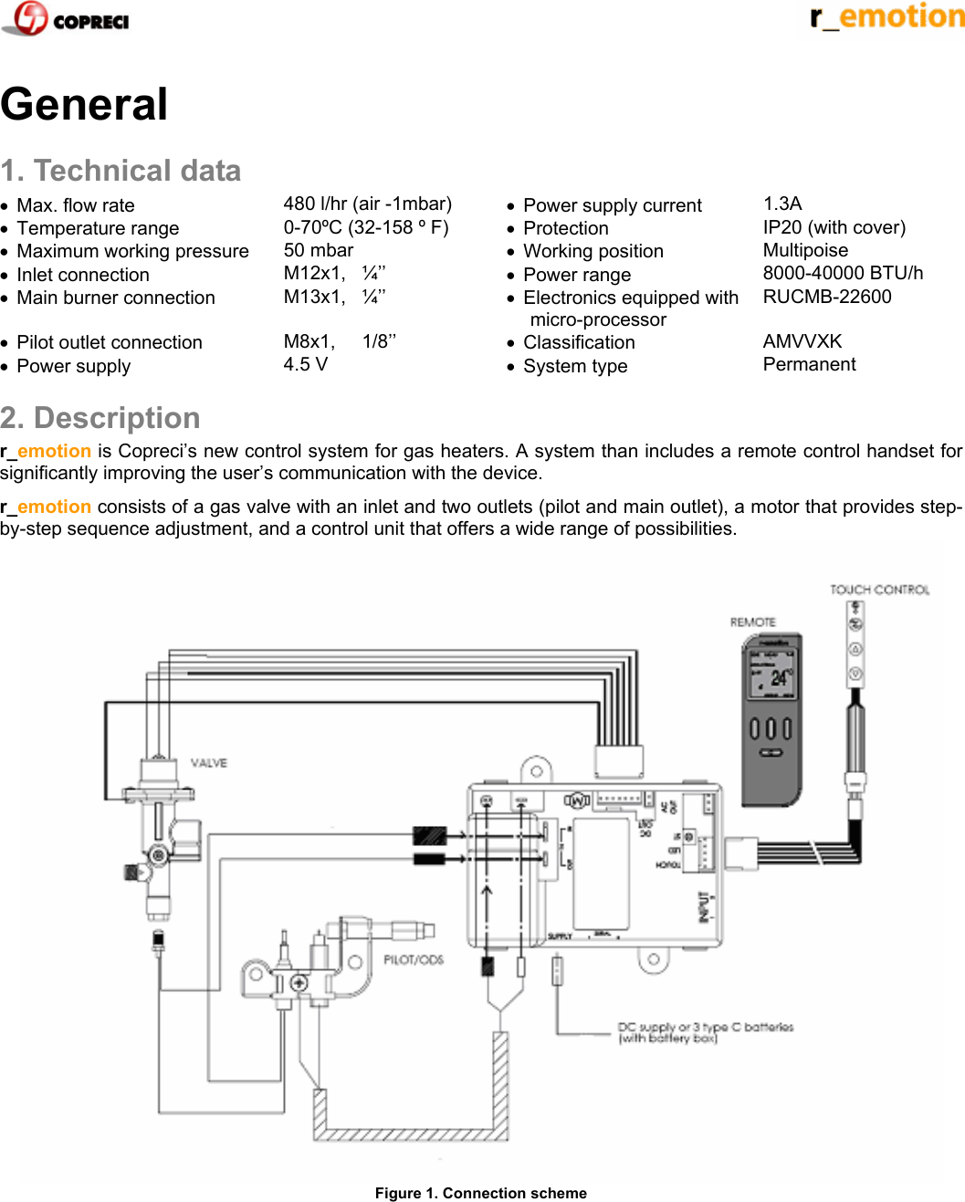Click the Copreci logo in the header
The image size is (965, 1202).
point(66,18)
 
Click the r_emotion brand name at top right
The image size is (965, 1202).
point(886,16)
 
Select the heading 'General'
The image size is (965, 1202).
point(84,104)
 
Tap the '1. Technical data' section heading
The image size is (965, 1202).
point(121,171)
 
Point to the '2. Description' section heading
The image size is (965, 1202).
point(100,418)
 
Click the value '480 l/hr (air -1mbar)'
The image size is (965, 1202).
point(367,204)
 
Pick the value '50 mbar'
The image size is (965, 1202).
point(318,250)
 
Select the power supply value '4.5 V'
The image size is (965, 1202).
point(305,364)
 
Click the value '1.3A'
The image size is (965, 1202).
point(782,204)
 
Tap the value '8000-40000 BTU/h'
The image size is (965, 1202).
point(843,273)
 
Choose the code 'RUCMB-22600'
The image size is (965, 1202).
point(827,297)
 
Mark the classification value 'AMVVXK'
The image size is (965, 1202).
point(802,341)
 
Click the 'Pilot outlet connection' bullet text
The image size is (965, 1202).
point(110,342)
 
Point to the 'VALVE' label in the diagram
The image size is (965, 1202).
point(209,763)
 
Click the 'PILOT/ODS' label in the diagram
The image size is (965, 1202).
point(414,959)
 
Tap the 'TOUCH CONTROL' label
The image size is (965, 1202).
point(879,590)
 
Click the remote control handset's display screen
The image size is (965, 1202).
point(772,675)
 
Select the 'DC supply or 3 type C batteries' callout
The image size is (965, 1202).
point(705,1032)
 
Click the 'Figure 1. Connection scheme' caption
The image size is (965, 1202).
point(481,1193)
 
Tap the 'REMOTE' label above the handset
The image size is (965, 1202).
point(752,622)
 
